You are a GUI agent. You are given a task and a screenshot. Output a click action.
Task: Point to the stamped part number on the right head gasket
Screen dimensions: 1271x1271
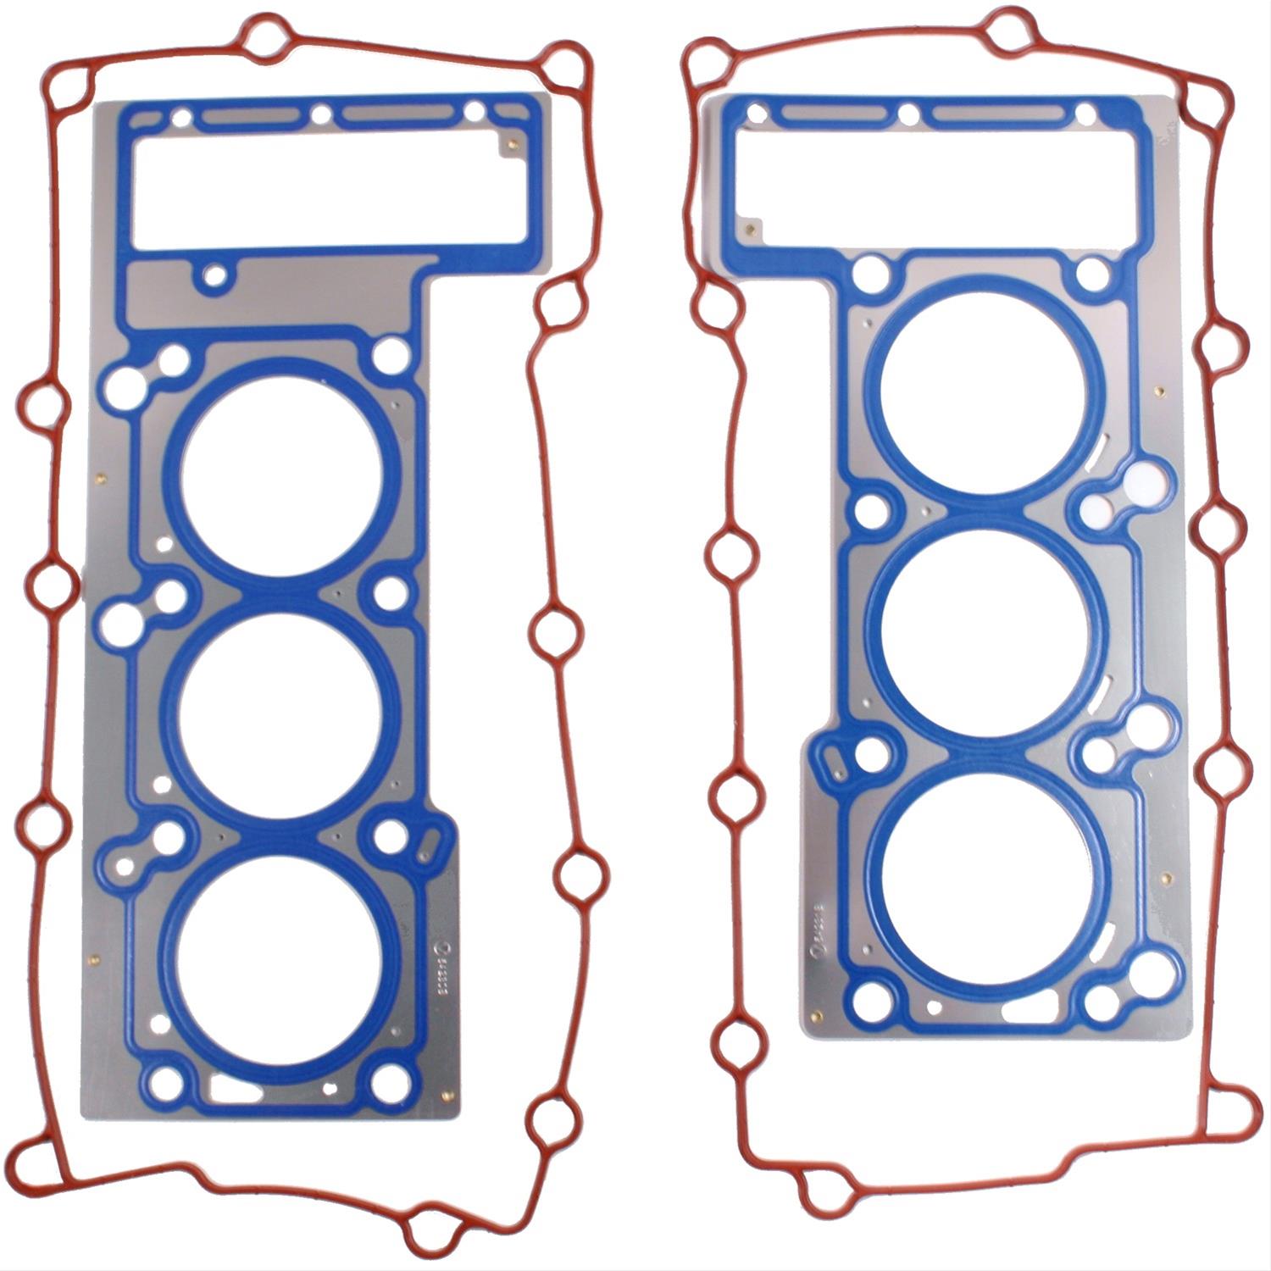click(x=819, y=932)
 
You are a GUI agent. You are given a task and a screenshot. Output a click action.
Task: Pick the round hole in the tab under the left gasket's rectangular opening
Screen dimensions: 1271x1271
click(x=216, y=275)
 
